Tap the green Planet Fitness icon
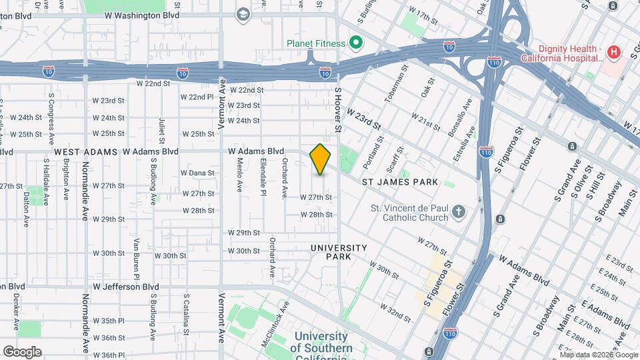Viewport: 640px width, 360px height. (x=356, y=44)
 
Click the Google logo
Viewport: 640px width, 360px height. (x=22, y=351)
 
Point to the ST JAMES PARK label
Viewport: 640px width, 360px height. (x=400, y=182)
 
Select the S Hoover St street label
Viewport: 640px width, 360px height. (x=338, y=109)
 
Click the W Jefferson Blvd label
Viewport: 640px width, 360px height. (x=126, y=287)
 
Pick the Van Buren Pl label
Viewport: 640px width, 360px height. (x=136, y=259)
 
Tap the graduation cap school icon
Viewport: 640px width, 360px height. (x=243, y=13)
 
